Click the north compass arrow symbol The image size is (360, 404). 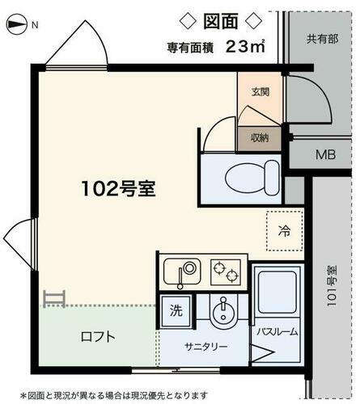17,26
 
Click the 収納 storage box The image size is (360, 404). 260,137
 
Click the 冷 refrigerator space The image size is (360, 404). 284,231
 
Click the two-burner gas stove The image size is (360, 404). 227,271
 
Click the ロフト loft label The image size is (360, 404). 96,338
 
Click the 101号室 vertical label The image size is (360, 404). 332,288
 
